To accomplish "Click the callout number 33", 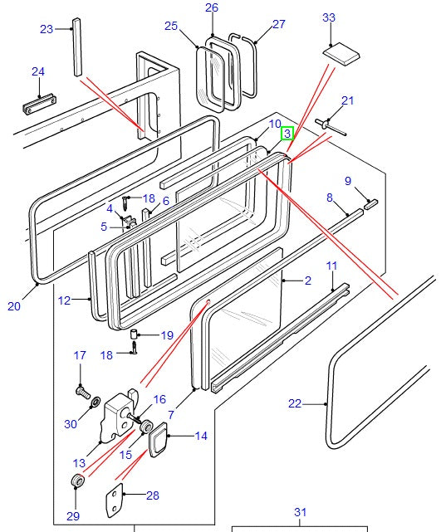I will (329, 17).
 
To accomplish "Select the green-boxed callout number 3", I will (287, 133).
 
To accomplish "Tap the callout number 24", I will (37, 72).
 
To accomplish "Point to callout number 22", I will (295, 404).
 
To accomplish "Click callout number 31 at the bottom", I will (300, 512).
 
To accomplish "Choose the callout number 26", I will (211, 8).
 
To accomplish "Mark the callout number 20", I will (14, 306).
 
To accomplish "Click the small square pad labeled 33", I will (341, 54).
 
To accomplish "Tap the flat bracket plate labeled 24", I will (38, 107).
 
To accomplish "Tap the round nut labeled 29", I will (76, 482).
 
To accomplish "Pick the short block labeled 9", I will (370, 202).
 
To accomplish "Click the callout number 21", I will (347, 101).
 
